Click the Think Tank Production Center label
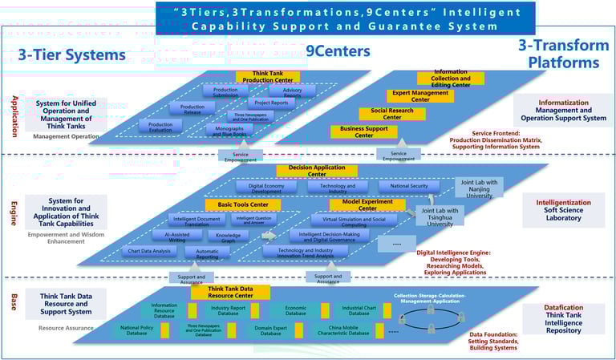click(267, 77)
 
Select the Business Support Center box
click(363, 131)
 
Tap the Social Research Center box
click(392, 114)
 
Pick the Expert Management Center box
click(421, 96)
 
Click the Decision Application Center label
click(317, 171)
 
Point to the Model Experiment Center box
click(356, 204)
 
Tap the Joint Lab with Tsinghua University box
click(440, 216)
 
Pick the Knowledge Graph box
click(229, 237)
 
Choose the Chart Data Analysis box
click(151, 252)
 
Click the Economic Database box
click(295, 309)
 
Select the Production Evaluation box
click(160, 125)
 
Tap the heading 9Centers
click(338, 51)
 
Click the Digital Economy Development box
click(266, 187)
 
